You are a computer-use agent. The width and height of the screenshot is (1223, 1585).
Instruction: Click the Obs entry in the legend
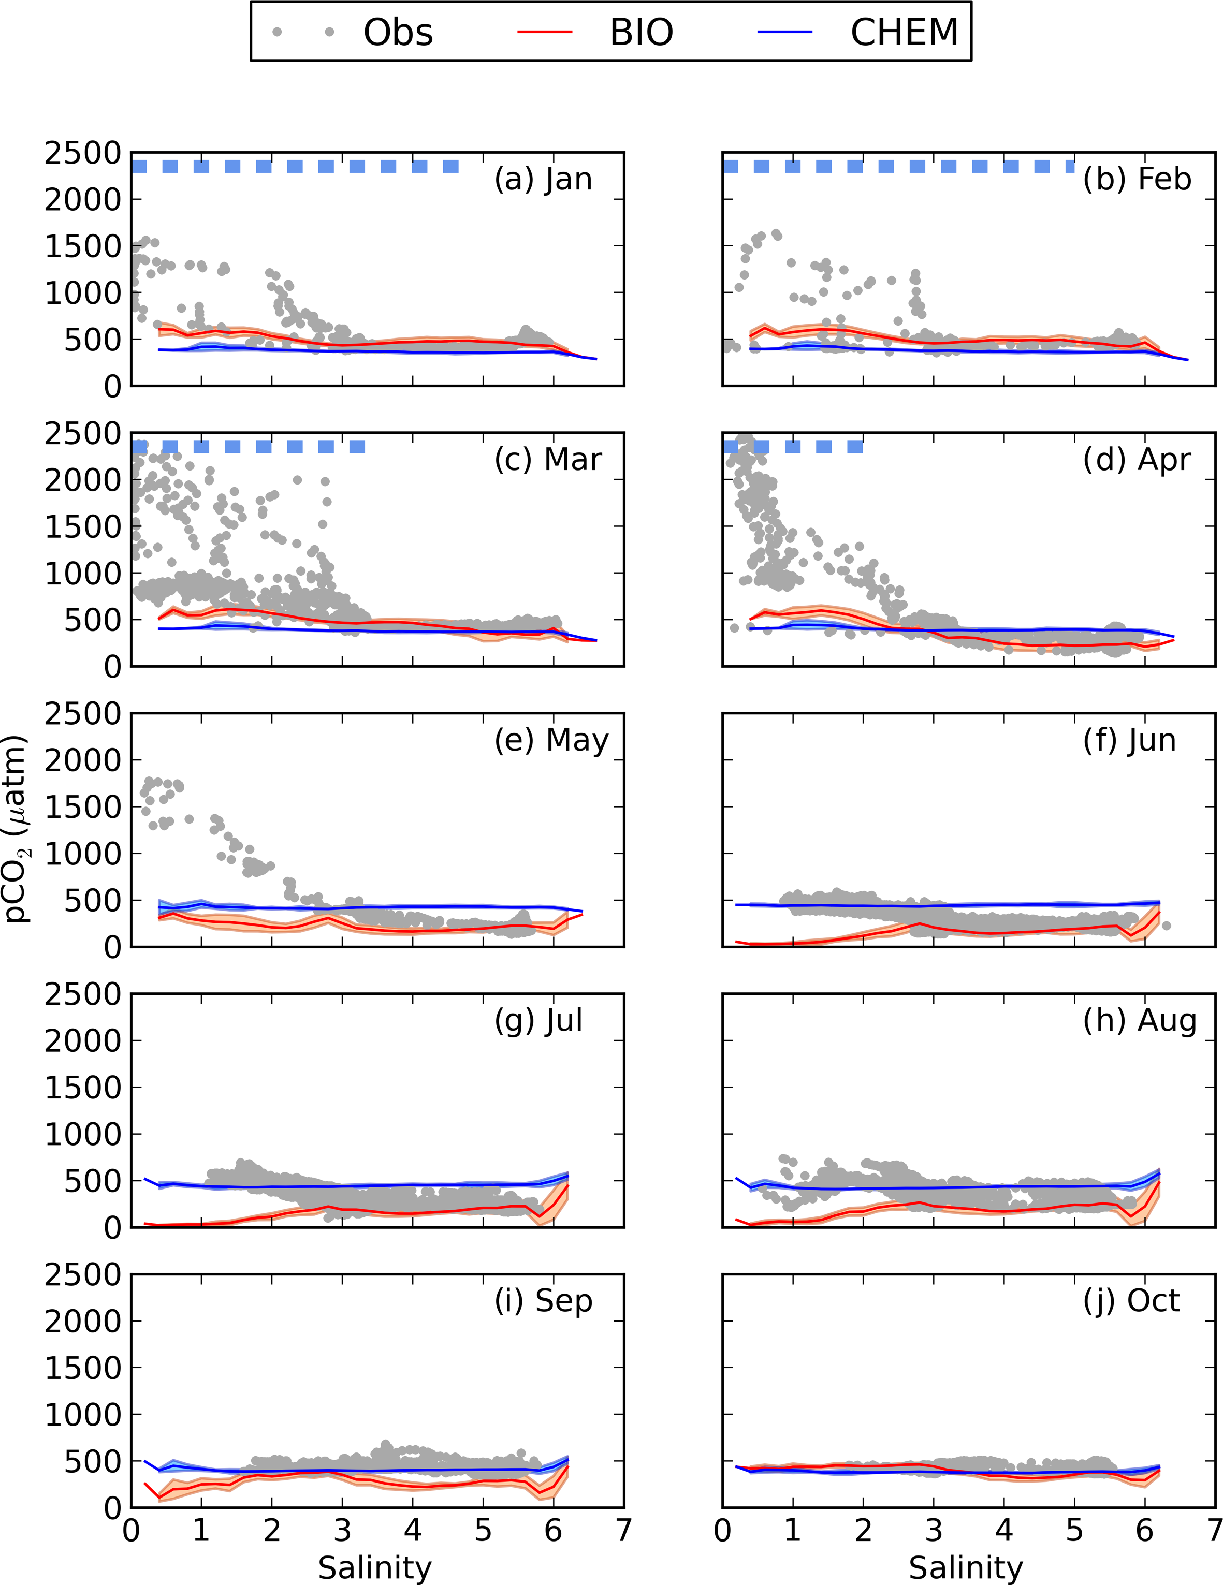point(398,33)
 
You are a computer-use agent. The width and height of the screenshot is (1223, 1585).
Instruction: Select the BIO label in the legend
point(641,33)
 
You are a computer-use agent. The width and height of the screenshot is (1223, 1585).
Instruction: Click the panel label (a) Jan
point(543,179)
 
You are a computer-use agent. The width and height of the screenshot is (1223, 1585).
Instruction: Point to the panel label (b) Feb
point(1137,179)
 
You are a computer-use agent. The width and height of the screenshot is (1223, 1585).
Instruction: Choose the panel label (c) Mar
point(548,459)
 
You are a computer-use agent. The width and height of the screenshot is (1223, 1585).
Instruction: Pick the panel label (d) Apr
point(1137,459)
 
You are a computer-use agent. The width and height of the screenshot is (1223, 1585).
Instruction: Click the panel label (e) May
point(551,740)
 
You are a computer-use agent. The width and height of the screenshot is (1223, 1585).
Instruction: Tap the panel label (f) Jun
point(1129,740)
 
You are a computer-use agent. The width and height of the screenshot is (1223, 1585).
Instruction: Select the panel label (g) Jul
point(538,1020)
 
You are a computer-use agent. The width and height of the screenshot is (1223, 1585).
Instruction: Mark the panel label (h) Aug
point(1140,1020)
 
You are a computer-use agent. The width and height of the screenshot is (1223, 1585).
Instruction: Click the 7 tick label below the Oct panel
point(1214,1531)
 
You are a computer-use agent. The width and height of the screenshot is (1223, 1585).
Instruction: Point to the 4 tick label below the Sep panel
point(412,1531)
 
